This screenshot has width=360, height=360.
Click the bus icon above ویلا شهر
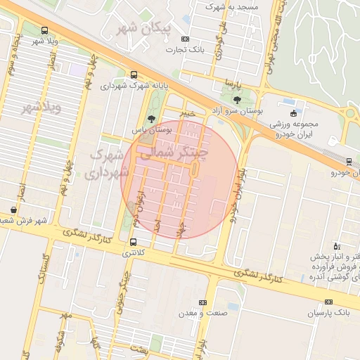coord(45,30)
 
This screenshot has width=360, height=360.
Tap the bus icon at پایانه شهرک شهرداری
coord(134,75)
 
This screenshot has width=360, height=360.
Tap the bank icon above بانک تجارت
coord(185,39)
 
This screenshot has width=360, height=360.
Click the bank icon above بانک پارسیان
coord(328,302)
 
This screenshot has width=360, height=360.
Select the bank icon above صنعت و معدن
coord(203,302)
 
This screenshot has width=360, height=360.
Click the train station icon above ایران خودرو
coord(349,162)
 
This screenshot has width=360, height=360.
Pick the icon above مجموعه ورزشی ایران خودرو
coord(293,113)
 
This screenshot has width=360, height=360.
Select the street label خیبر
coord(186,112)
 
